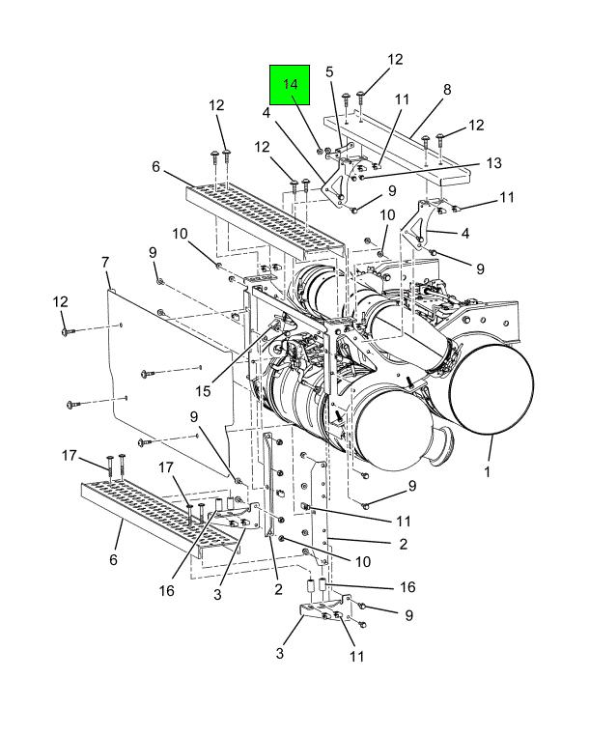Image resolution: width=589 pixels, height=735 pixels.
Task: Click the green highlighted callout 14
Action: click(x=290, y=85)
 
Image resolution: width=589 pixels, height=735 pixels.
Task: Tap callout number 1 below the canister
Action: click(x=488, y=471)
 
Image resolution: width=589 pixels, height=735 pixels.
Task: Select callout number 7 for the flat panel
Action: click(x=105, y=263)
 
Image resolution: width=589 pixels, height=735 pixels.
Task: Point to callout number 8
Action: click(x=447, y=89)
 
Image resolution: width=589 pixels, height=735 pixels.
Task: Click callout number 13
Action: click(x=493, y=163)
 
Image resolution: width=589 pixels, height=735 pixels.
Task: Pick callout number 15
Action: click(x=204, y=390)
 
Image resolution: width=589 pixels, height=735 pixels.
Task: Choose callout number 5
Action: click(x=329, y=71)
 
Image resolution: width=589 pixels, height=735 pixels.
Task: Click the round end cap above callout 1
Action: click(x=491, y=387)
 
